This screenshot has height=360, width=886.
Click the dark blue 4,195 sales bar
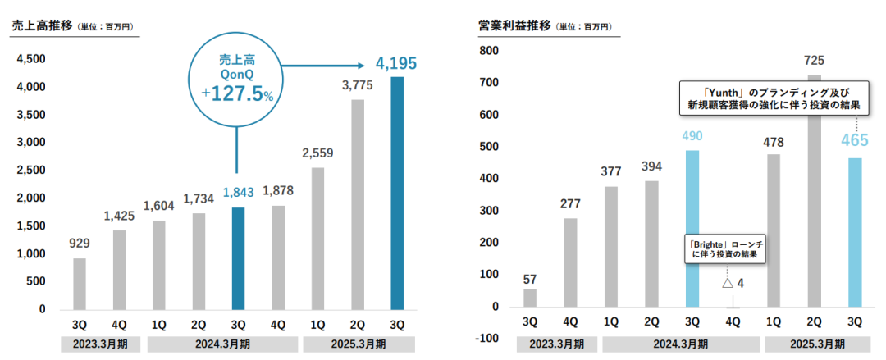(396, 193)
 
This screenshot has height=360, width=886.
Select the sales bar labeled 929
(80, 283)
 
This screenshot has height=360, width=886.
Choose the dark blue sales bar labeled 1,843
(238, 257)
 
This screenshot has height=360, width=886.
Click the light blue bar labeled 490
(692, 229)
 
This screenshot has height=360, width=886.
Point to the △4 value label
(733, 283)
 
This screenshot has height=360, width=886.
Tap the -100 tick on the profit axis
(489, 339)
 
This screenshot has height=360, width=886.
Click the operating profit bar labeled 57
(530, 298)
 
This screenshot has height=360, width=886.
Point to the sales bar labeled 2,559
(317, 238)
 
